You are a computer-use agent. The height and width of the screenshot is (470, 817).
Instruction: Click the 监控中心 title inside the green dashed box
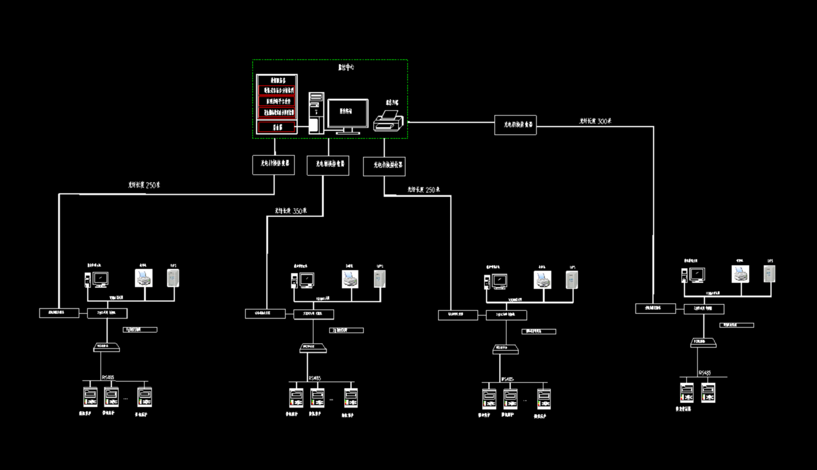tap(346, 68)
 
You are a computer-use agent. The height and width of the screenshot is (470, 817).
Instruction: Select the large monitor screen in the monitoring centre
tap(347, 113)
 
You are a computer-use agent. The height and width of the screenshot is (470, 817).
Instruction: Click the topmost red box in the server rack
tap(277, 90)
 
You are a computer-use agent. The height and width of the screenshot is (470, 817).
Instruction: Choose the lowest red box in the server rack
tap(277, 127)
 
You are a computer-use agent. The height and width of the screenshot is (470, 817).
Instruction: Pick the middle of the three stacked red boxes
tap(277, 101)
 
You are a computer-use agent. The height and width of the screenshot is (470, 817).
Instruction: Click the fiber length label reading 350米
tap(290, 211)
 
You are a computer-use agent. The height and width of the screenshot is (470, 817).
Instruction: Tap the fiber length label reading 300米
tap(595, 121)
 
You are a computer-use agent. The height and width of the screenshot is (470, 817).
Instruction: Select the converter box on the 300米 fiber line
tap(515, 124)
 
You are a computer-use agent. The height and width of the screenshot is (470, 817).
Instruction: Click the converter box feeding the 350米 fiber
tap(328, 165)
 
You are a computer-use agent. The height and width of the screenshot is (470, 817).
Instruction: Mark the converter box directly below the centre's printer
tap(384, 166)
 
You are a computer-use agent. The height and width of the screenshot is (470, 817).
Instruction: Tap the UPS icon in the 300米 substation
tap(769, 273)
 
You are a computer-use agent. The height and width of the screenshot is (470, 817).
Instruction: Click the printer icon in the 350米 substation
tap(349, 278)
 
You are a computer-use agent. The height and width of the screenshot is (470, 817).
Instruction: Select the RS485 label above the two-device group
tap(704, 373)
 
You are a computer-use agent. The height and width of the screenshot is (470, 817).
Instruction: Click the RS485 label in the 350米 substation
tap(314, 378)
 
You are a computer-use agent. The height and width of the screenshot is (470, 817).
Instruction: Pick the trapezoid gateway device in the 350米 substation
tap(313, 349)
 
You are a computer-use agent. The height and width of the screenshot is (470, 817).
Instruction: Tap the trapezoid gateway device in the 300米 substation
tap(703, 343)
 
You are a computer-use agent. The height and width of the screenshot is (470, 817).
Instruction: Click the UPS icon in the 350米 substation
tap(379, 278)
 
